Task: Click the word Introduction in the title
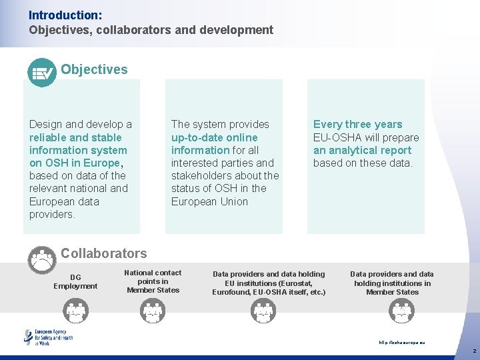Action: [x=56, y=14]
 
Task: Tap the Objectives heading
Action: [x=94, y=69]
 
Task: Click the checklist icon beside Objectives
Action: [x=42, y=73]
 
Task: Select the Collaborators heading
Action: [x=103, y=253]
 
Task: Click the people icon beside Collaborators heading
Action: [x=42, y=259]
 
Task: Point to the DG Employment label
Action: [x=75, y=281]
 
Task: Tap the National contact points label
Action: [x=153, y=281]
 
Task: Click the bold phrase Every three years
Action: [x=357, y=124]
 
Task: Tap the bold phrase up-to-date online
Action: [x=214, y=137]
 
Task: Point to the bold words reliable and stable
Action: [x=77, y=137]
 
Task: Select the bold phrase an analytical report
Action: [x=362, y=150]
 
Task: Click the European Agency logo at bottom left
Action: [x=49, y=337]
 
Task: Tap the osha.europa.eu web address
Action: [x=401, y=342]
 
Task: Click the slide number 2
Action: [x=474, y=351]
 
